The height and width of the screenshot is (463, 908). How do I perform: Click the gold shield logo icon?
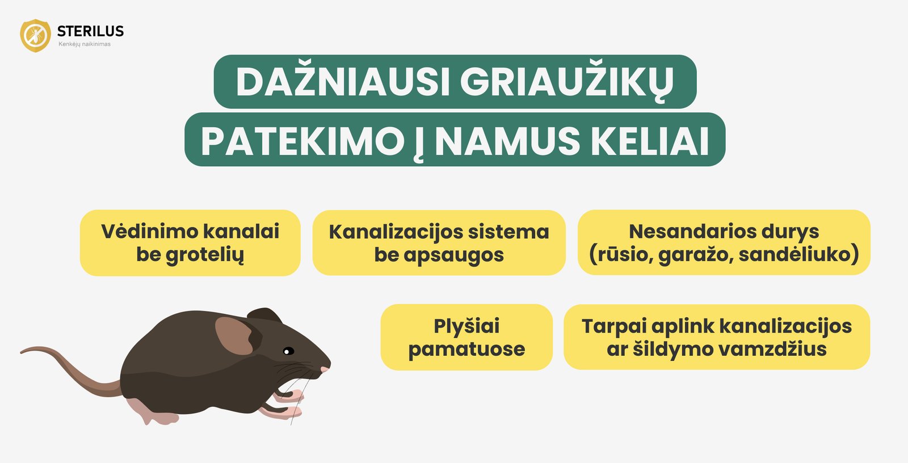tap(35, 36)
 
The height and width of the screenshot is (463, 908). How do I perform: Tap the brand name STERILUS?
tap(90, 31)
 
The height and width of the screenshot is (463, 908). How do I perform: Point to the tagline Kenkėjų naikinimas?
tap(85, 44)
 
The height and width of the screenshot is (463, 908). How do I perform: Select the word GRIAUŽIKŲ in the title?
tap(567, 82)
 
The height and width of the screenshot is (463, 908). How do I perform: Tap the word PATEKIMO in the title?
tap(302, 141)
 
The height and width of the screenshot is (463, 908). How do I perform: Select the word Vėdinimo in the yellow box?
tap(149, 231)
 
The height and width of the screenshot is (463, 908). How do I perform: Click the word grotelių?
tap(205, 255)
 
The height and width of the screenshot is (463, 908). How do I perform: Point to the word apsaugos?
tap(453, 255)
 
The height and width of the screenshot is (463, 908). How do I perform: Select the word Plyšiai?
tap(466, 326)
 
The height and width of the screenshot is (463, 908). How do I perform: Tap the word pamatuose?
tap(466, 349)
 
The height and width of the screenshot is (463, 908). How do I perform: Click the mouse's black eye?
tap(288, 351)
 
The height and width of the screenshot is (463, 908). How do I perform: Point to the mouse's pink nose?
tap(325, 370)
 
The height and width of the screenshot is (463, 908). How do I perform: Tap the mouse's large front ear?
tap(234, 336)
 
